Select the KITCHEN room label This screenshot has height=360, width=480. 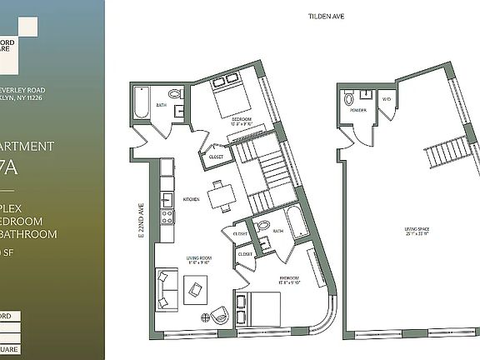[191, 199]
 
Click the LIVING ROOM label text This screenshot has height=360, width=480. [199, 260]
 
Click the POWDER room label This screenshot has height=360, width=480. [358, 109]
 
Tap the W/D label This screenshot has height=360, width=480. [386, 100]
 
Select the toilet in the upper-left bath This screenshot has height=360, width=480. [175, 93]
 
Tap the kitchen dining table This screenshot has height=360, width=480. [219, 197]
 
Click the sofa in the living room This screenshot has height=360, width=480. [165, 288]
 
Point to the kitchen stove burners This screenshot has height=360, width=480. [167, 217]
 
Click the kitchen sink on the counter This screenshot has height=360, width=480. [167, 198]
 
